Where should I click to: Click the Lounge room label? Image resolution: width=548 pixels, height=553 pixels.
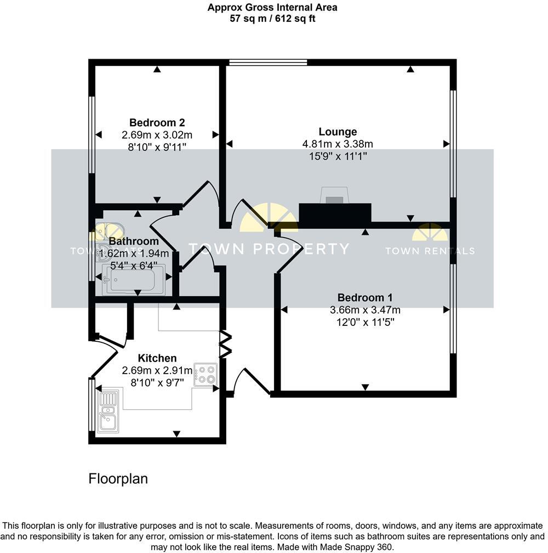(338, 132)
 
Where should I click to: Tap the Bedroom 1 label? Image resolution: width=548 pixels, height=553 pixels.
(364, 297)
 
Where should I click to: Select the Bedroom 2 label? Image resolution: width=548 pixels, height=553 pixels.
(156, 122)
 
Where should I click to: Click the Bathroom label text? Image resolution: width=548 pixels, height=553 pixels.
(134, 241)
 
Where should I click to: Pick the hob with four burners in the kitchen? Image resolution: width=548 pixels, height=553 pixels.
(205, 374)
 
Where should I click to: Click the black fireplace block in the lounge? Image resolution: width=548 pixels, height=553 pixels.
(335, 215)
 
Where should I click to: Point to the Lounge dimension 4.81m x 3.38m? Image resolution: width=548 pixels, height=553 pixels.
(338, 144)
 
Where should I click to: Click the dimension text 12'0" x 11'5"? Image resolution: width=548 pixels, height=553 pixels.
(364, 322)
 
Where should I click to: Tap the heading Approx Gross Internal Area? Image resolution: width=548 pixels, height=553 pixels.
(272, 8)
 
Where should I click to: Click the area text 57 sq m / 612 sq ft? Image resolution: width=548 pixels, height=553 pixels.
(272, 19)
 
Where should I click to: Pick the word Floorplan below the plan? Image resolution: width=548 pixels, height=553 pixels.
(118, 478)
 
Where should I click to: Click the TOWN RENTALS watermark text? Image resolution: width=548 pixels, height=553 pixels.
(430, 251)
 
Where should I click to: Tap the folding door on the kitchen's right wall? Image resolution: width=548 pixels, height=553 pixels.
(225, 343)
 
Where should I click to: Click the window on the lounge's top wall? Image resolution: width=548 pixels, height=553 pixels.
(267, 62)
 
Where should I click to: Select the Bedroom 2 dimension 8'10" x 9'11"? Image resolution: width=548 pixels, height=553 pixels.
(156, 146)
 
